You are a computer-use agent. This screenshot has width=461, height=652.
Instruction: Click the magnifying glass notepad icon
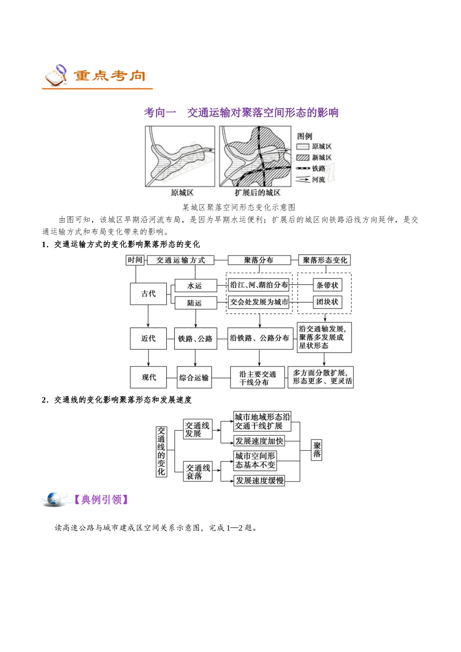56,75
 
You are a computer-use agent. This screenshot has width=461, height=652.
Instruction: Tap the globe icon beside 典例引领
53,500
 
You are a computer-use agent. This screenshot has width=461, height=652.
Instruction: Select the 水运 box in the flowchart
196,285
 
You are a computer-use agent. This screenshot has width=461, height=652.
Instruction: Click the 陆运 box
196,303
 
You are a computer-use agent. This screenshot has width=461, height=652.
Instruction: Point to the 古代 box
148,293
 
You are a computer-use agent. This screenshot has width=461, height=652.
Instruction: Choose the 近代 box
148,338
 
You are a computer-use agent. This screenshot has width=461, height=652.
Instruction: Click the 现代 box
148,377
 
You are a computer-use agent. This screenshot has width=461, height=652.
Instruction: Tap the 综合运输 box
194,377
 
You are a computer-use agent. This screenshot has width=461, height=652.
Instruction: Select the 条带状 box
328,285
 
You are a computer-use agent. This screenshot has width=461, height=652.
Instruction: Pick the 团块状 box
328,302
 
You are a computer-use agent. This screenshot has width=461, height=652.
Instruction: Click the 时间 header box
135,260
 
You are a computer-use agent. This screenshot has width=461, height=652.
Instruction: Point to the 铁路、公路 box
196,338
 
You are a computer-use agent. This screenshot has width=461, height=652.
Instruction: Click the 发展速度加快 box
259,441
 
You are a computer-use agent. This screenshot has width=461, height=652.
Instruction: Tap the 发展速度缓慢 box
259,480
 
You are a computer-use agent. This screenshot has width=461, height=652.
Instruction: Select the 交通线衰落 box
198,472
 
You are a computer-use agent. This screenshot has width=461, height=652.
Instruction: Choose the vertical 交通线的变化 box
161,451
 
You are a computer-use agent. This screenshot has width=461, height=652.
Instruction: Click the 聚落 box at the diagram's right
316,450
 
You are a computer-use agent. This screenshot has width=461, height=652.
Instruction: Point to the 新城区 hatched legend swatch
303,158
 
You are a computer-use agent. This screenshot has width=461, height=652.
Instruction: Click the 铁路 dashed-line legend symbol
303,168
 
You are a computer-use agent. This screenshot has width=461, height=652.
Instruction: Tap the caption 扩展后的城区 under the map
258,193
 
